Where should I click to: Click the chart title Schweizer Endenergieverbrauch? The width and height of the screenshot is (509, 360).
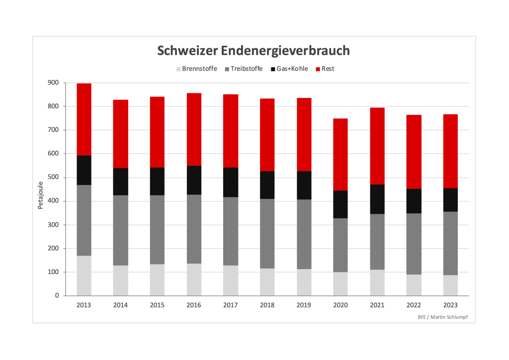click(x=254, y=51)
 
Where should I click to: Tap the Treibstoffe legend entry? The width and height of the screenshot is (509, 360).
click(x=245, y=69)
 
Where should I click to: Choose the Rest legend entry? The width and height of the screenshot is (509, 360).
click(x=328, y=69)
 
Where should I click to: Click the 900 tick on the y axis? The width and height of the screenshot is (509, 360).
click(x=53, y=83)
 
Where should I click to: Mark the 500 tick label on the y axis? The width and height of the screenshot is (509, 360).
click(x=53, y=178)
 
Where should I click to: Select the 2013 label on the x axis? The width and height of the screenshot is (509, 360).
click(x=84, y=305)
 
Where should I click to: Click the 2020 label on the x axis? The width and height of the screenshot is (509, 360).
click(x=340, y=305)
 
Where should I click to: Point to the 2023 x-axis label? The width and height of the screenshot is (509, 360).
click(x=450, y=305)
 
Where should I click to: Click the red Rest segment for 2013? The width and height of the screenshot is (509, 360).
click(x=84, y=119)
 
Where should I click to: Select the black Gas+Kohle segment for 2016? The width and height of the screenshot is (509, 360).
click(x=194, y=180)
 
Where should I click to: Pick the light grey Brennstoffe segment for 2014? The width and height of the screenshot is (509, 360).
click(x=121, y=280)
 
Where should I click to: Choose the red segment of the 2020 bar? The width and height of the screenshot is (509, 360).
click(x=340, y=155)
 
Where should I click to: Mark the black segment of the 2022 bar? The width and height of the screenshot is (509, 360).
click(x=414, y=201)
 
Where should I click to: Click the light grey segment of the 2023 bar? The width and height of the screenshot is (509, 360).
click(x=450, y=285)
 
